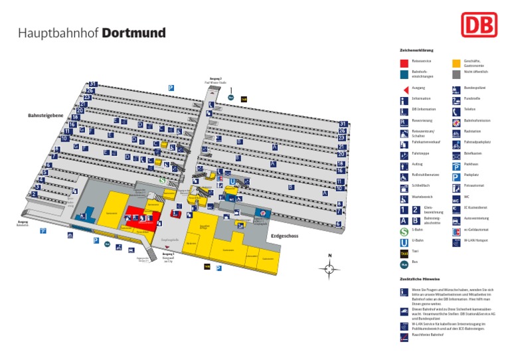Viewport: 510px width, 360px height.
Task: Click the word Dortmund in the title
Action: click(x=133, y=33)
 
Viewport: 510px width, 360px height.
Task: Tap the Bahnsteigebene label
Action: click(x=45, y=116)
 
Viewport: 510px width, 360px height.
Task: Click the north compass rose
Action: click(x=329, y=268)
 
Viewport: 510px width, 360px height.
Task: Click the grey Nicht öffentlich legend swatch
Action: click(x=456, y=74)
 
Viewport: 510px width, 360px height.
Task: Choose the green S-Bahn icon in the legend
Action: click(x=404, y=231)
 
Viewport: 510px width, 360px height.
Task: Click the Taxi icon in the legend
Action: click(x=404, y=252)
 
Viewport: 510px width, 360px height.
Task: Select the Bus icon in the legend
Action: click(x=404, y=263)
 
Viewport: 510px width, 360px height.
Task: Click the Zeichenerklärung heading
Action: click(x=416, y=50)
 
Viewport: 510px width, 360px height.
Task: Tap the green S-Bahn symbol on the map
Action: click(x=162, y=179)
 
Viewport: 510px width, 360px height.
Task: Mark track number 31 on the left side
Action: click(x=93, y=84)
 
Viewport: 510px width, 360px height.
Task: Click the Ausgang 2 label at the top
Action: click(x=216, y=78)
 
